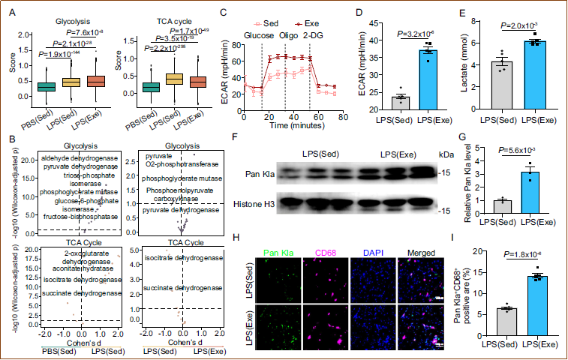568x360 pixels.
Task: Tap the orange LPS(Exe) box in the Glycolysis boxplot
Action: point(98,80)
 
